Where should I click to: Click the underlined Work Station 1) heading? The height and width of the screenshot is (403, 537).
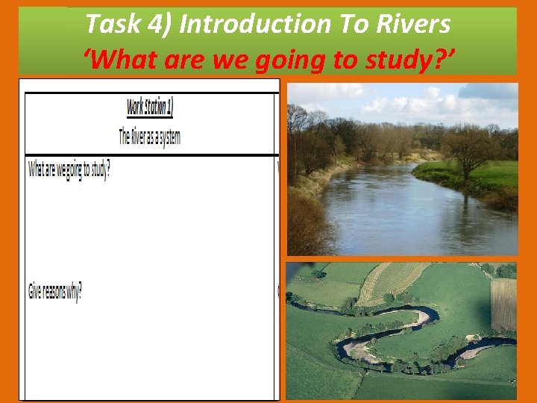click(149, 107)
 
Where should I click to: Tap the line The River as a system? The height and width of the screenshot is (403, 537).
click(149, 137)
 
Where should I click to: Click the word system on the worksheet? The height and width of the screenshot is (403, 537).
click(168, 137)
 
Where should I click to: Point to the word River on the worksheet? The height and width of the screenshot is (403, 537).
click(139, 137)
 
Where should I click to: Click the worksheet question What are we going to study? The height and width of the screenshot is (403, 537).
click(69, 169)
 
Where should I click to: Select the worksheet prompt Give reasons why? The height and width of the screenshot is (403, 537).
click(55, 291)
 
